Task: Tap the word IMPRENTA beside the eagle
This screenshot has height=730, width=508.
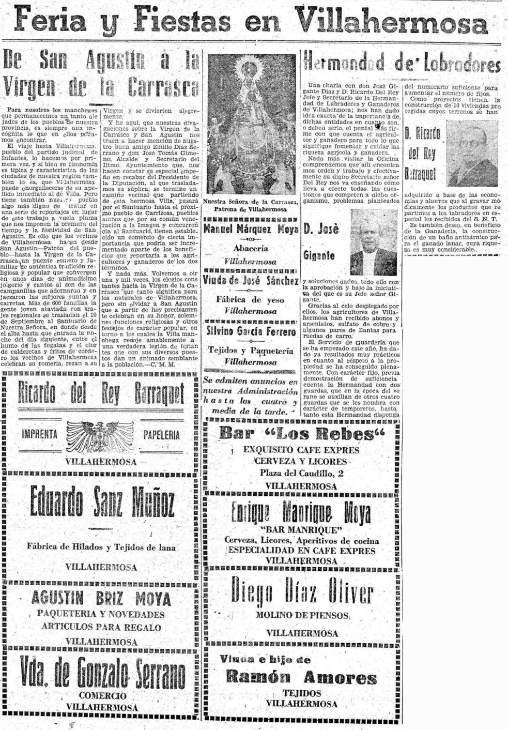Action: click(x=40, y=434)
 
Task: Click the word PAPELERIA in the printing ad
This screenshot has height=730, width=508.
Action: click(x=161, y=435)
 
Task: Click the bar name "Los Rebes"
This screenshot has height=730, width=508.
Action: click(x=302, y=434)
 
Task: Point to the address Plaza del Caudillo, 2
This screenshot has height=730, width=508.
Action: click(x=301, y=473)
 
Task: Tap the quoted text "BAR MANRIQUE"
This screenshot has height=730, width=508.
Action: click(x=302, y=530)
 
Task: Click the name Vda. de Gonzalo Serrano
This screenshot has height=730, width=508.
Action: click(x=102, y=673)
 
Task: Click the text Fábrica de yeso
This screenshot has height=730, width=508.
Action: click(x=250, y=300)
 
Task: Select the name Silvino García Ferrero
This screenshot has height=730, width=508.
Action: click(x=251, y=331)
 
